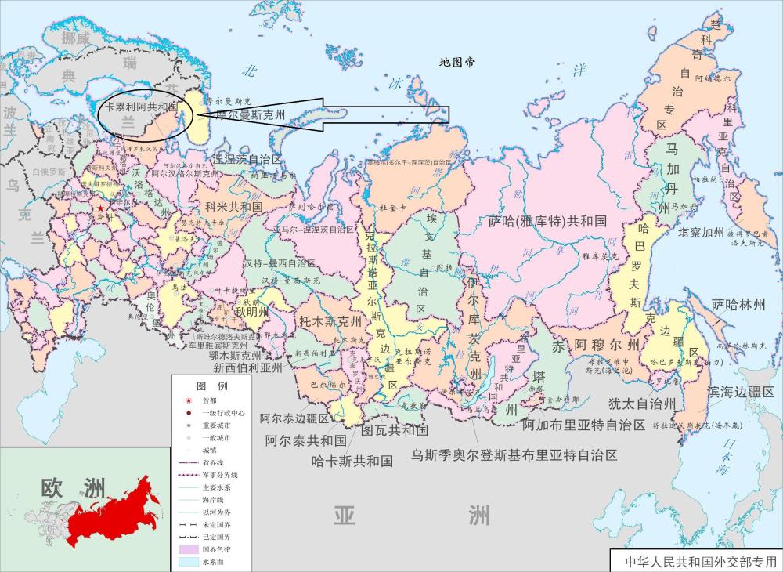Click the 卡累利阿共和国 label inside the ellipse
click(142, 106)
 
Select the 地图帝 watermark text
click(456, 62)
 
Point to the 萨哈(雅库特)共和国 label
click(547, 221)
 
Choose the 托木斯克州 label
click(330, 321)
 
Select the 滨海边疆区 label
click(740, 391)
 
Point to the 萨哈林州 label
click(738, 305)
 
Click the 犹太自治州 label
click(641, 404)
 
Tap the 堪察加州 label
click(701, 233)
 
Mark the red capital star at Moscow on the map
click(100, 209)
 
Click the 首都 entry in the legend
click(209, 400)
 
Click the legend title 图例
click(211, 386)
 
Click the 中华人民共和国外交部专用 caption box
click(695, 562)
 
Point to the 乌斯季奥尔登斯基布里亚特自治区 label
click(514, 454)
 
